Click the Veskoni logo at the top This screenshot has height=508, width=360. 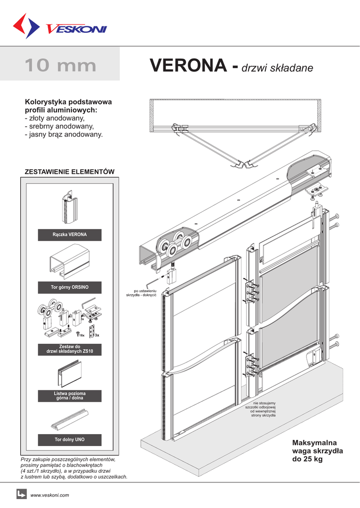pos(60,26)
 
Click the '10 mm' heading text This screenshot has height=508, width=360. pos(60,65)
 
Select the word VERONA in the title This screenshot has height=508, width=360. pos(188,65)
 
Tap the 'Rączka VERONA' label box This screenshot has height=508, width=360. pos(70,235)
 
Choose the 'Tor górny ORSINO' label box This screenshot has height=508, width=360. pos(70,287)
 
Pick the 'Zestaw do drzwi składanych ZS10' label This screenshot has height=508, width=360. pos(70,349)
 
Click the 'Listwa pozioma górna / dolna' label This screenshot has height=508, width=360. pos(70,396)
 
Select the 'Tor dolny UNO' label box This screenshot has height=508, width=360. pos(70,440)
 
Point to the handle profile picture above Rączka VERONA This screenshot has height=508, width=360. pos(70,207)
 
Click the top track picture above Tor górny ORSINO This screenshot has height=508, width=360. pos(70,261)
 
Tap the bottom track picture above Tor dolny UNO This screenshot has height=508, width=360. pos(70,420)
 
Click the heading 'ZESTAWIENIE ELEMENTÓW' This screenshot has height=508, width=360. pos(70,172)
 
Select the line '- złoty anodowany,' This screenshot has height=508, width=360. pos(55,118)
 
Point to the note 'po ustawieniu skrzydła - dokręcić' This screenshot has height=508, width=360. pos(142,293)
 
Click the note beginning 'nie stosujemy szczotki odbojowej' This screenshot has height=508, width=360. pos(260,409)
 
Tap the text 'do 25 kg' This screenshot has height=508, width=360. pos(307,459)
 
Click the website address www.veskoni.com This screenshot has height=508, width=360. pos(50,495)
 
